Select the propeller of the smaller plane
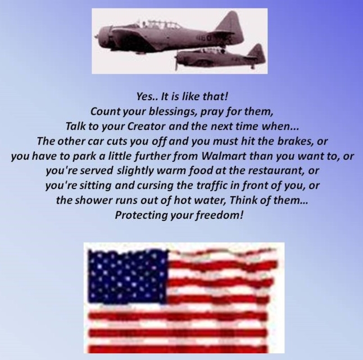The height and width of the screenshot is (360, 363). (176, 61)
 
